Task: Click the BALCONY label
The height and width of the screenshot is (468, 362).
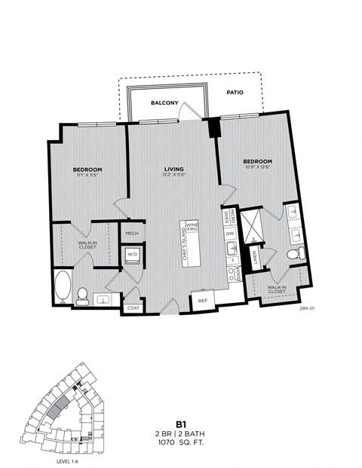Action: pos(164,102)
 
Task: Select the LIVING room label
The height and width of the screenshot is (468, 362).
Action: pos(174,168)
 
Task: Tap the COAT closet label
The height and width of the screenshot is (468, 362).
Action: pos(133,307)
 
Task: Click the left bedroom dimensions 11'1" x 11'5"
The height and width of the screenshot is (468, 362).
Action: pos(87,176)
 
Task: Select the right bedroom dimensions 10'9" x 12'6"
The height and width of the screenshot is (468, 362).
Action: pos(257,168)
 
